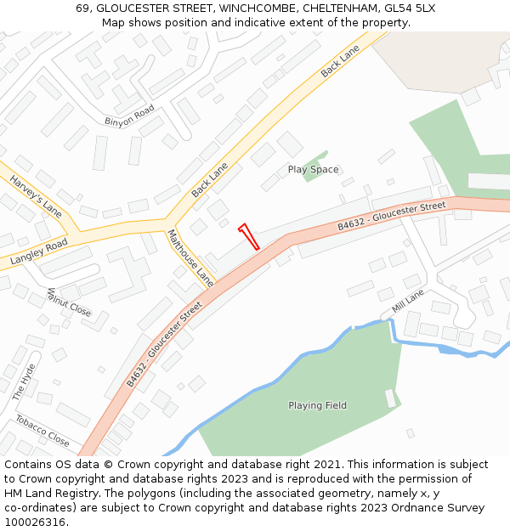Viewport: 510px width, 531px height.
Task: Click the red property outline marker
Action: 249,236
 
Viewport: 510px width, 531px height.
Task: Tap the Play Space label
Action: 313,170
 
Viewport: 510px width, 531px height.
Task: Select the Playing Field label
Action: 317,405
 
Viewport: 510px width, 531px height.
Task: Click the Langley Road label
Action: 38,252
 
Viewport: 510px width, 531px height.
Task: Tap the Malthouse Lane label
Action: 190,257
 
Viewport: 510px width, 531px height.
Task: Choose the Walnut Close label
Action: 69,302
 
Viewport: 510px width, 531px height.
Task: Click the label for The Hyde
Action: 24,382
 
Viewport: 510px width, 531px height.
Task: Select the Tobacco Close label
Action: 42,431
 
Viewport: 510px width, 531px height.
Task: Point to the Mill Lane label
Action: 408,301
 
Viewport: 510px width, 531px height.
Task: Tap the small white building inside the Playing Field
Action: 390,398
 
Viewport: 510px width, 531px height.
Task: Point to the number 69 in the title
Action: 82,8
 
